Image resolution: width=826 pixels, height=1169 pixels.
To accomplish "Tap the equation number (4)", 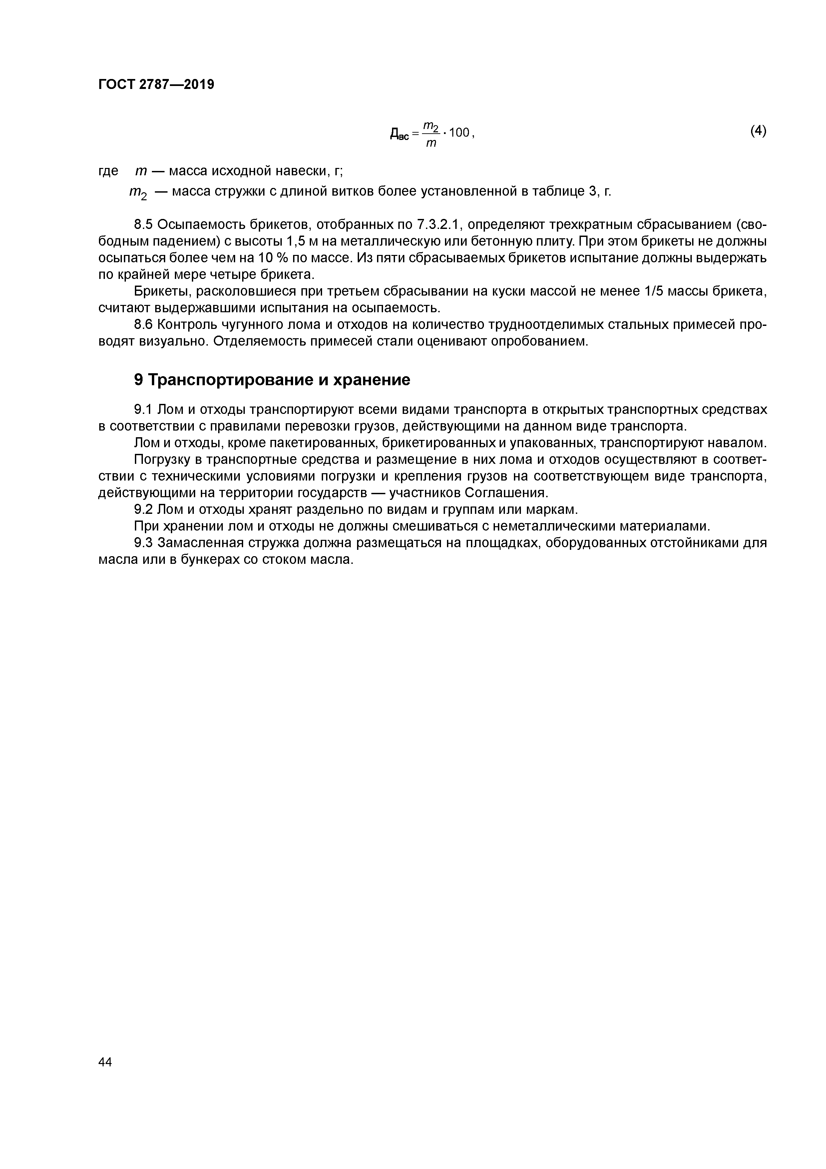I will click(x=758, y=131).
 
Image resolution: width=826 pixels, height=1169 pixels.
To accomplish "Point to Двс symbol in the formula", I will click(x=400, y=134).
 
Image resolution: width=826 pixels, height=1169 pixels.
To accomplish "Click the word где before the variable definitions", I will click(x=108, y=171).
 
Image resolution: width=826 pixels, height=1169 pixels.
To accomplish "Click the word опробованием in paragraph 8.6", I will click(x=539, y=341).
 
